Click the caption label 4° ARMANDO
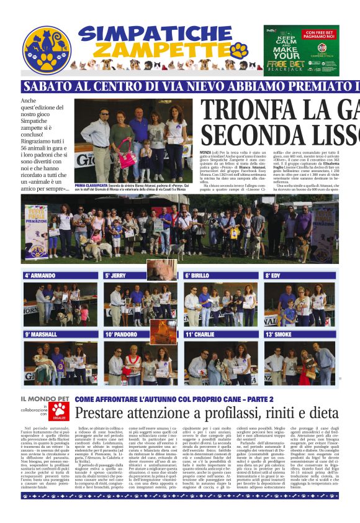(40, 275)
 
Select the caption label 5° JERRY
(115, 275)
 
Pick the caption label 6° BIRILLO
(197, 275)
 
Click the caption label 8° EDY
(274, 275)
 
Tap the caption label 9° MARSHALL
(42, 334)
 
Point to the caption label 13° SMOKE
(279, 334)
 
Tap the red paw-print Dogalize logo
(60, 411)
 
